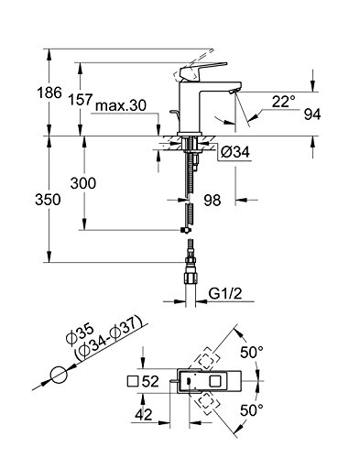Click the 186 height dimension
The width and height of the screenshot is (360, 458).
point(49,93)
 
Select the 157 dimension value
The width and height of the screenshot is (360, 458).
point(80,100)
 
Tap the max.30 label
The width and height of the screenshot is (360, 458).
point(121,105)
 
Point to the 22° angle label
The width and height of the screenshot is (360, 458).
point(284,102)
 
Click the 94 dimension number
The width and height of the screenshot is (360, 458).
point(312,114)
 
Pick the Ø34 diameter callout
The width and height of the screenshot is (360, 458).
point(235,152)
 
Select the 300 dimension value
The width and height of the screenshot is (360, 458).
point(83,183)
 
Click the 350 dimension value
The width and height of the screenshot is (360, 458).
point(48,200)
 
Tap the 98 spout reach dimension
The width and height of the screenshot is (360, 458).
point(213,201)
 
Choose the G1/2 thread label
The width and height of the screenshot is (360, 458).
point(225,294)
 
